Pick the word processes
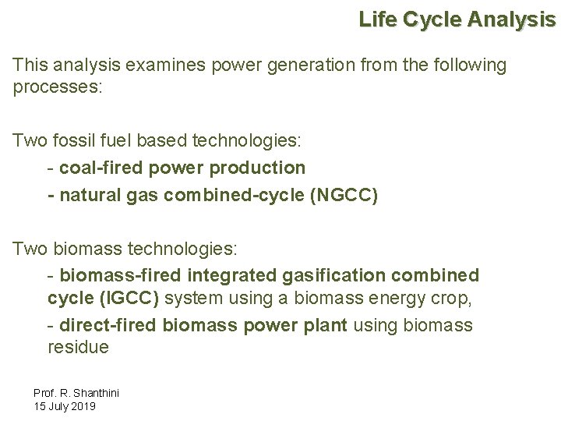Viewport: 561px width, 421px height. click(58, 87)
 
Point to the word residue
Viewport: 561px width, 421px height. click(78, 348)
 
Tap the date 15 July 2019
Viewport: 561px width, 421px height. click(65, 407)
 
